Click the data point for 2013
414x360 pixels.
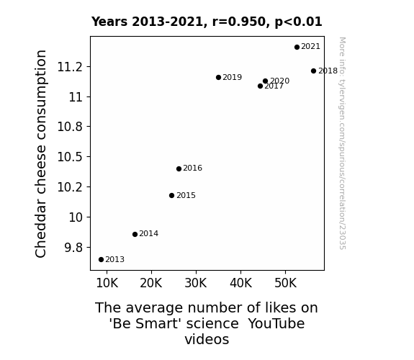tap(101, 260)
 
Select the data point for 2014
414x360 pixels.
tap(135, 234)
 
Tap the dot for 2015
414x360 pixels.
tap(171, 195)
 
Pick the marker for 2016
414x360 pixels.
tap(179, 168)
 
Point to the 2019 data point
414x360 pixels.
tap(218, 77)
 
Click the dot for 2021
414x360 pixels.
tap(297, 47)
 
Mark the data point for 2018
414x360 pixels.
tap(313, 71)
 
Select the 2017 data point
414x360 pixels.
tap(260, 86)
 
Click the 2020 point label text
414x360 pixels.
tap(279, 81)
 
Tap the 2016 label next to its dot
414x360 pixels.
tap(192, 168)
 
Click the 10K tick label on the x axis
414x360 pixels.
tap(107, 283)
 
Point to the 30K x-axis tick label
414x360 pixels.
tap(196, 283)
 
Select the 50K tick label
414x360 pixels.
tap(285, 283)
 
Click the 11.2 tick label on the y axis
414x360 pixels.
tap(70, 67)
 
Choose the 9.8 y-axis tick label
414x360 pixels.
tap(73, 248)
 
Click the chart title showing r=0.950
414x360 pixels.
tap(207, 22)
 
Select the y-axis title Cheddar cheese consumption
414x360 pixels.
tap(40, 153)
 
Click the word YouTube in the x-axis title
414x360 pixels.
tap(276, 323)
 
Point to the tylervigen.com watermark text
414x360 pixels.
tap(342, 143)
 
